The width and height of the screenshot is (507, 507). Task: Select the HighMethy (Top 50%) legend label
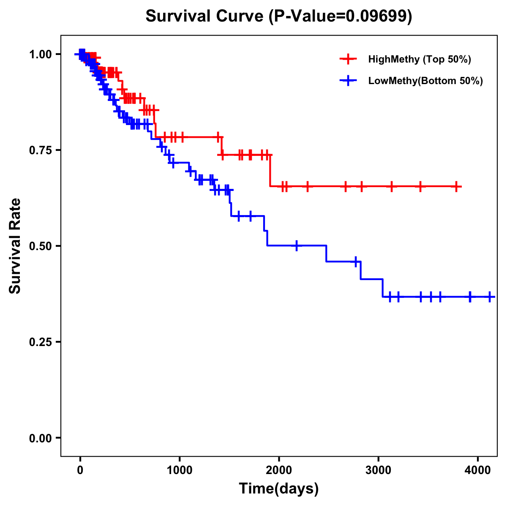tap(419, 59)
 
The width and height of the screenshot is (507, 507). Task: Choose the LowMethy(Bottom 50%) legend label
tap(425, 81)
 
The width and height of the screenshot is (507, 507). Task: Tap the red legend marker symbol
tap(348, 59)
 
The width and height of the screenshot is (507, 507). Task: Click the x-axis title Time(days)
tap(279, 489)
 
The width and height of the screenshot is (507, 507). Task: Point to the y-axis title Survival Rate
tap(15, 246)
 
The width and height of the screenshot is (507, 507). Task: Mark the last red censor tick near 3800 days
tap(456, 186)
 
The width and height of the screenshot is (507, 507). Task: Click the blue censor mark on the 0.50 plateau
tap(297, 245)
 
